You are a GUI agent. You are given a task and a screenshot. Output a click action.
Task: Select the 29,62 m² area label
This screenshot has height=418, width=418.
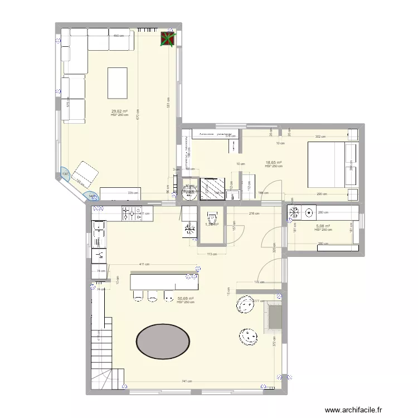[119, 111]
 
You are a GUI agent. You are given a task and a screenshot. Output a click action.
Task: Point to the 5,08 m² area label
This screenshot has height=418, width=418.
[323, 226]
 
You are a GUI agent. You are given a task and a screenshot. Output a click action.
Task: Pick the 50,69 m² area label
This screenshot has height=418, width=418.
[185, 299]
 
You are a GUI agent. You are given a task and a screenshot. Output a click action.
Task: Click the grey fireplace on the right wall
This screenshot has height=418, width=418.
[274, 316]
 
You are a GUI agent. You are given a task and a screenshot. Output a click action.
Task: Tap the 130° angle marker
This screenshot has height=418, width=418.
[65, 174]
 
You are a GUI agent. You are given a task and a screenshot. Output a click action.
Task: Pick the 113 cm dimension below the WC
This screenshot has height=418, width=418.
[211, 254]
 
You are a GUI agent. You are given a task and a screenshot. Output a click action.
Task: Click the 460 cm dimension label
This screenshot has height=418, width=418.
[118, 36]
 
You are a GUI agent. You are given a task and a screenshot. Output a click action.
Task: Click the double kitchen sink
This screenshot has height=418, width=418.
[99, 234]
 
